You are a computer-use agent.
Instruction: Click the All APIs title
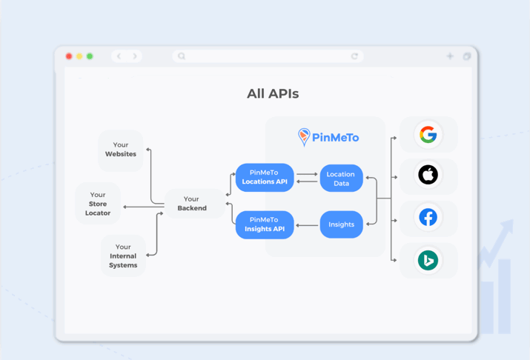click(273, 94)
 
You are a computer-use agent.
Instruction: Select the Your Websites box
click(121, 150)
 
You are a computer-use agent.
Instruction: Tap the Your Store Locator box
click(98, 204)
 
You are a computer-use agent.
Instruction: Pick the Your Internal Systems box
click(123, 256)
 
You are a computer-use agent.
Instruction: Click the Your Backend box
click(191, 204)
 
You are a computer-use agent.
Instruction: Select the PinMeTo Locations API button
click(265, 177)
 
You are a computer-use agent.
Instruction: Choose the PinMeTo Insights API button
click(265, 224)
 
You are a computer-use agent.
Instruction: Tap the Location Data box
click(341, 179)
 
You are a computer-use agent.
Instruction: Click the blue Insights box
click(341, 224)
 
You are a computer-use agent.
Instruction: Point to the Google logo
click(428, 135)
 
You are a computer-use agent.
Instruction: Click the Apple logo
click(428, 175)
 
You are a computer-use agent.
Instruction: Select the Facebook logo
click(428, 218)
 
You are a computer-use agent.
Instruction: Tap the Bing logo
click(428, 260)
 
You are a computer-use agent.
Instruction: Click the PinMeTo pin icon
click(303, 136)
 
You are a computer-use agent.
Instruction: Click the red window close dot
click(69, 56)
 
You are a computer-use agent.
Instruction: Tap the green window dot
click(90, 56)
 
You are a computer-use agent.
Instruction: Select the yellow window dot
click(79, 56)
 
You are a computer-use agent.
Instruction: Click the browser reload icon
click(354, 56)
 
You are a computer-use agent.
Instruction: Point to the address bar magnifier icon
click(182, 56)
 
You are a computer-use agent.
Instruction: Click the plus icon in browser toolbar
click(450, 56)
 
